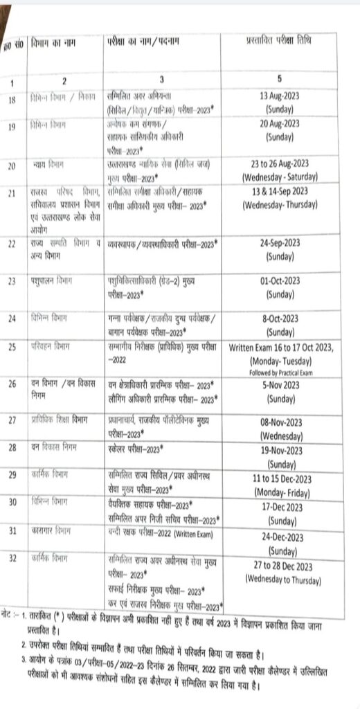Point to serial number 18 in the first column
12,100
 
